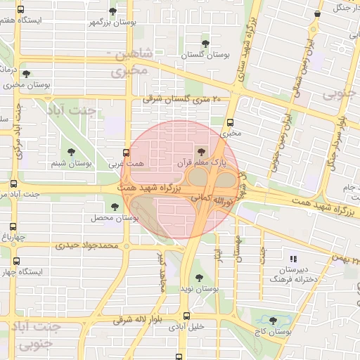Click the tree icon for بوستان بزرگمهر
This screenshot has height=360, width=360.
pyautogui.click(x=112, y=11)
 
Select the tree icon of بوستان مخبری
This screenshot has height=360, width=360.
pyautogui.click(x=26, y=73)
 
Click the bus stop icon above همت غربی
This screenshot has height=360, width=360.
pyautogui.click(x=127, y=152)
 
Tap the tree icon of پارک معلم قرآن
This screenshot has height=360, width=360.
pyautogui.click(x=202, y=151)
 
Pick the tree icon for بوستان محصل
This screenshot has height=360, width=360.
pyautogui.click(x=115, y=207)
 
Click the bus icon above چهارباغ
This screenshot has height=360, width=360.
pyautogui.click(x=13, y=226)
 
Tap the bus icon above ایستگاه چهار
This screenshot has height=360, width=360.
pyautogui.click(x=17, y=261)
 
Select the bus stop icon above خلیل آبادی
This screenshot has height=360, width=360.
pyautogui.click(x=186, y=316)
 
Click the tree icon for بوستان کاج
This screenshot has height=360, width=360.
pyautogui.click(x=273, y=321)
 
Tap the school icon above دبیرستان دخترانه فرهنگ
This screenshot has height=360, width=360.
pyautogui.click(x=292, y=259)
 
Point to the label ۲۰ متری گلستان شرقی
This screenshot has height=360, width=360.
pyautogui.click(x=182, y=100)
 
